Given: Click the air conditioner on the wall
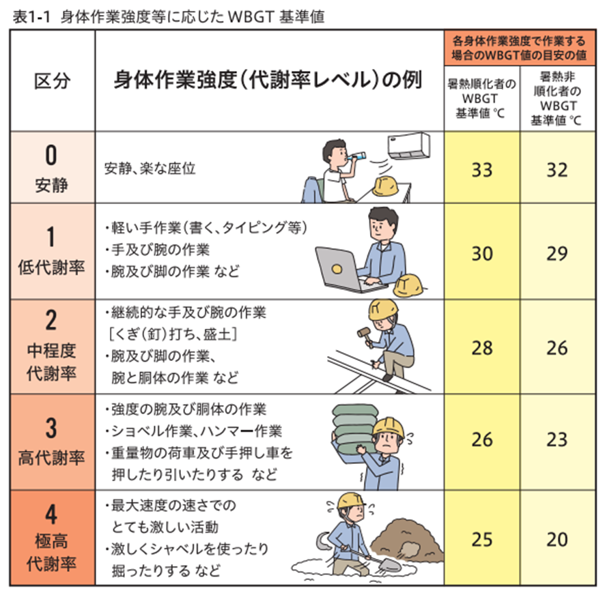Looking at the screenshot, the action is tap(409, 146).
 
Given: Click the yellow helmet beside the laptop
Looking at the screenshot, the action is tap(408, 285).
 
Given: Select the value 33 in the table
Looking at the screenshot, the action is tap(481, 170).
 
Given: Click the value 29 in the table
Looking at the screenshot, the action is tap(557, 254).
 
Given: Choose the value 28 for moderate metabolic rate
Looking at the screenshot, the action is tap(481, 348).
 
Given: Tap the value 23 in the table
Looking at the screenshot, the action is tap(557, 439).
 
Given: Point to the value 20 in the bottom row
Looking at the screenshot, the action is tap(557, 539).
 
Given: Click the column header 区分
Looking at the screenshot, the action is tap(52, 81).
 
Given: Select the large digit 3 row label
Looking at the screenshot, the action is tap(51, 428).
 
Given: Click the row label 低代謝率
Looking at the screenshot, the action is tap(51, 267).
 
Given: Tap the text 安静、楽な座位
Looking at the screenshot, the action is tap(150, 169).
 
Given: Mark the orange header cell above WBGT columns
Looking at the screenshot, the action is tap(520, 47).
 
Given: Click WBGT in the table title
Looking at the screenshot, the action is tap(251, 16).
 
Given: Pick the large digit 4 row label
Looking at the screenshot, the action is tap(51, 514).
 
